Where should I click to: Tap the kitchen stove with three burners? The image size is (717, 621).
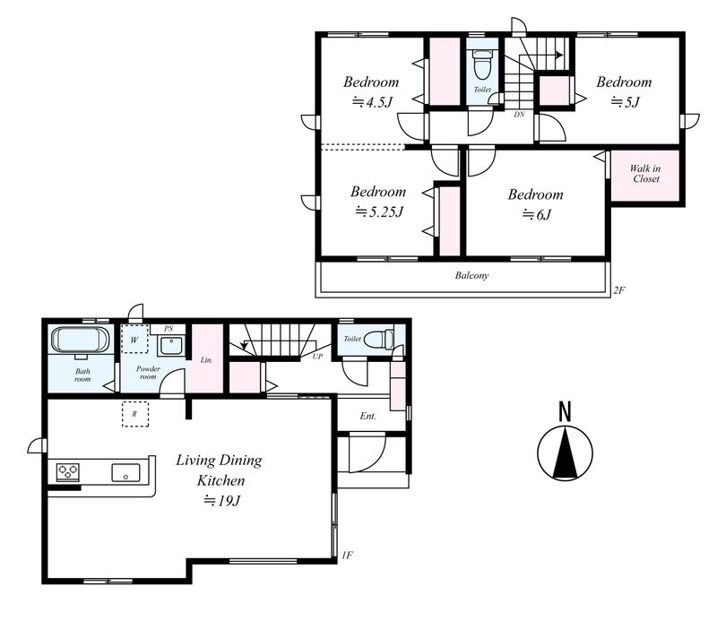pyautogui.click(x=68, y=471)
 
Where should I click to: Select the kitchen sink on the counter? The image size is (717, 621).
pyautogui.click(x=125, y=472)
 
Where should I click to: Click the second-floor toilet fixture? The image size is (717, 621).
pyautogui.click(x=482, y=65)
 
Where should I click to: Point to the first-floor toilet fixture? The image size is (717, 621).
pyautogui.click(x=378, y=340)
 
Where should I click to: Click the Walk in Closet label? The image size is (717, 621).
pyautogui.click(x=645, y=174)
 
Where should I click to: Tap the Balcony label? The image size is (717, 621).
pyautogui.click(x=472, y=275)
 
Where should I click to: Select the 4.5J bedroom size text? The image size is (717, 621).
pyautogui.click(x=372, y=101)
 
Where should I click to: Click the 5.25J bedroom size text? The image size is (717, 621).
pyautogui.click(x=379, y=211)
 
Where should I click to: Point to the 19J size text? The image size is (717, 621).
pyautogui.click(x=221, y=501)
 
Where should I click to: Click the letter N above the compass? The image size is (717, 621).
pyautogui.click(x=566, y=411)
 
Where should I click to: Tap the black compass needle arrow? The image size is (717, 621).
pyautogui.click(x=566, y=453)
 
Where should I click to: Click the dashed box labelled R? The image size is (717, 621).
pyautogui.click(x=135, y=414)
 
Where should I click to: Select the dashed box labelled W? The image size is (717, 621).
pyautogui.click(x=134, y=340)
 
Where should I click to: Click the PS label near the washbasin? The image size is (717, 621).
pyautogui.click(x=168, y=328)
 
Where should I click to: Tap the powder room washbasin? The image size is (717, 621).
pyautogui.click(x=171, y=346)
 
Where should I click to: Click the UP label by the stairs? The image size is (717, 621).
pyautogui.click(x=317, y=357)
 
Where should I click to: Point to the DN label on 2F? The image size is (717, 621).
pyautogui.click(x=519, y=115)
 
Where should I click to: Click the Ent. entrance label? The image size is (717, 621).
pyautogui.click(x=368, y=416)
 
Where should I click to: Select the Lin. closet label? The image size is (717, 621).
pyautogui.click(x=206, y=360)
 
